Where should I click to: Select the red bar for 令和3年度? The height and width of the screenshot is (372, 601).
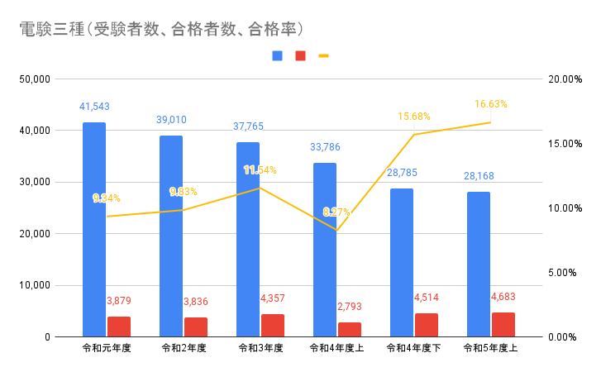273,326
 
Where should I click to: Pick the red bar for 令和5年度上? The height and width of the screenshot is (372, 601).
503,325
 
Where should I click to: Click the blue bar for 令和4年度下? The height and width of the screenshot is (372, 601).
402,262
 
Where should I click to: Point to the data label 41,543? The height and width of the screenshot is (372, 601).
94,107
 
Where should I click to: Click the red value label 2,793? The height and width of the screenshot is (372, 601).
350,307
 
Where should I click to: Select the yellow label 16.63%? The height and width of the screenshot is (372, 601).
491,104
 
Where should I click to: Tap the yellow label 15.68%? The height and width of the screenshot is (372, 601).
414,117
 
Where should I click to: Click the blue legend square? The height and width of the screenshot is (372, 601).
277,56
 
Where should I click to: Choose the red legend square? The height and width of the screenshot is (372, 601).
300,56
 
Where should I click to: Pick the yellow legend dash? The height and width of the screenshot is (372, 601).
323,56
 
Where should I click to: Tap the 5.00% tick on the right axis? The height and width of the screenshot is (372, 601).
565,273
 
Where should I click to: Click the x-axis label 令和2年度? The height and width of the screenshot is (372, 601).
184,349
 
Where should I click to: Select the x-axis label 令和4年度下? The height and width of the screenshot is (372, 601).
414,349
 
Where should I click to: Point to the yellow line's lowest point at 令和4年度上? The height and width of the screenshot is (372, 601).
336,230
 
